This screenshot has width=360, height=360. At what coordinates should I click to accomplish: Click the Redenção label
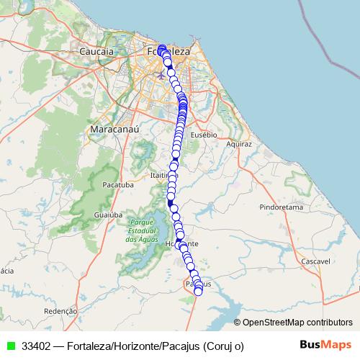(60, 312)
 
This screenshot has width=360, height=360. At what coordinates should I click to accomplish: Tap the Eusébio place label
(204, 135)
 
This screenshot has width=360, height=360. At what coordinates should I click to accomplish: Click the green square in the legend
(11, 346)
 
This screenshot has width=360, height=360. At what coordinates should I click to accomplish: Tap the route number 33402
(36, 346)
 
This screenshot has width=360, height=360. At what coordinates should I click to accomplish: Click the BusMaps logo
(325, 345)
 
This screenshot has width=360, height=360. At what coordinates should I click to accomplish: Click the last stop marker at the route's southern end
(199, 291)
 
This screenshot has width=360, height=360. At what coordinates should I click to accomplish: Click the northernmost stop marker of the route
(162, 48)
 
